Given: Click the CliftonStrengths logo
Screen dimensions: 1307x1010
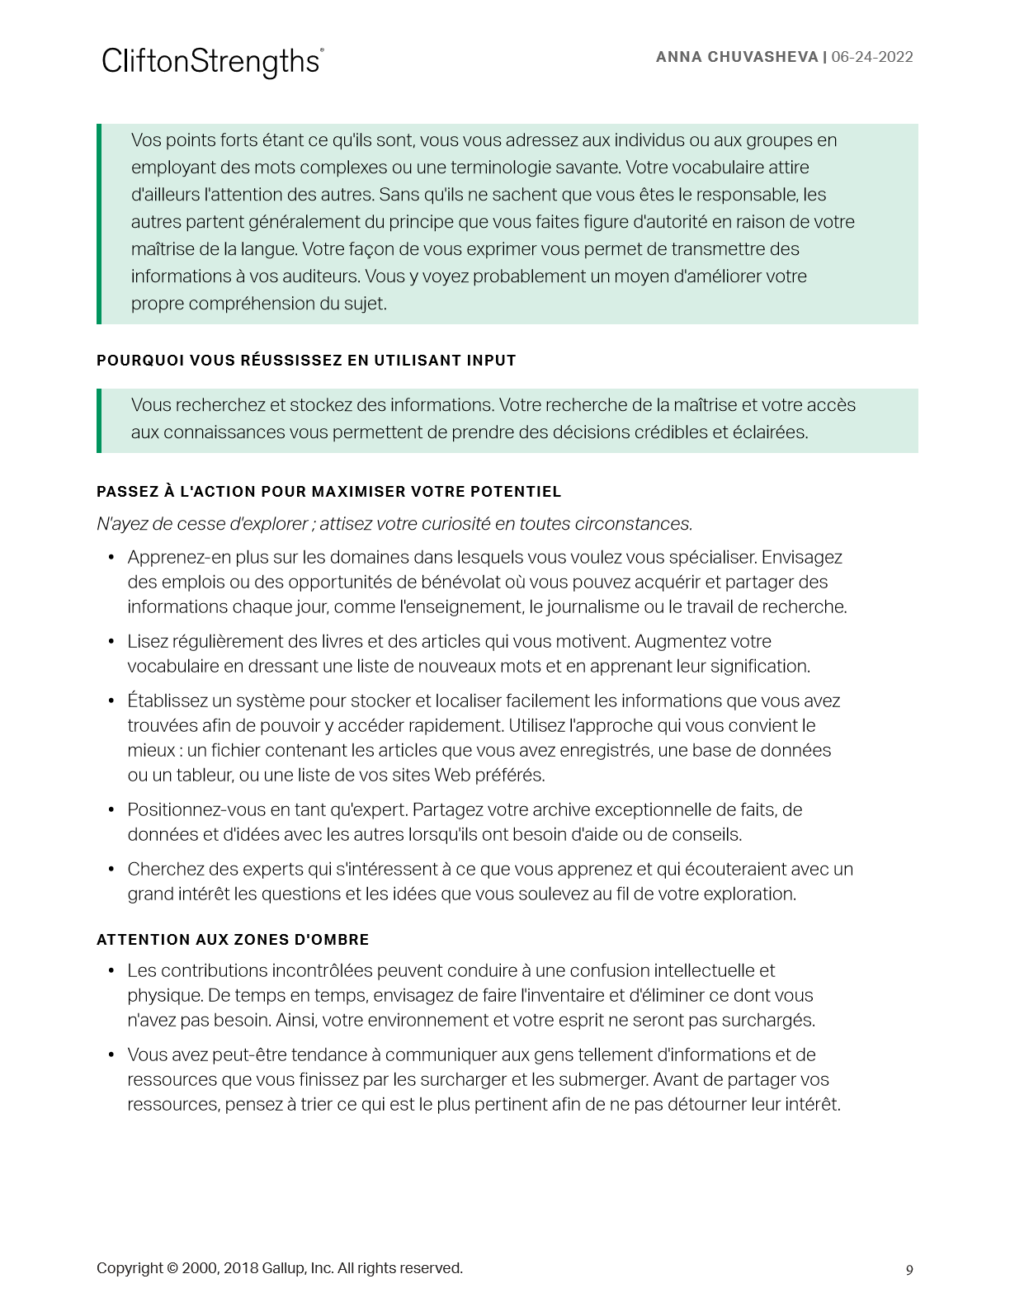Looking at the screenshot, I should pos(212,62).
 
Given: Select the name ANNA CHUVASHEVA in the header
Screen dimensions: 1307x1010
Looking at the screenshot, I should pos(736,57).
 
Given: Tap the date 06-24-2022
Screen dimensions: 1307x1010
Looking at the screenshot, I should pos(872,57).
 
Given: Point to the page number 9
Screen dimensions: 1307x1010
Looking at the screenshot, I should pos(909,1270).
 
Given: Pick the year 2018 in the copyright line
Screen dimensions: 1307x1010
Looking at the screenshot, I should pos(241,1268).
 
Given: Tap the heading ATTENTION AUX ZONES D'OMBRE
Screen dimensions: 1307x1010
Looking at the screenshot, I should pos(233,940).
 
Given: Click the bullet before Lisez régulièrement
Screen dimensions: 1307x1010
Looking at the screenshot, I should pos(111,642).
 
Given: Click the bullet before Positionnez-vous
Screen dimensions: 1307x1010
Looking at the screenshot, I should pos(111,810).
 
